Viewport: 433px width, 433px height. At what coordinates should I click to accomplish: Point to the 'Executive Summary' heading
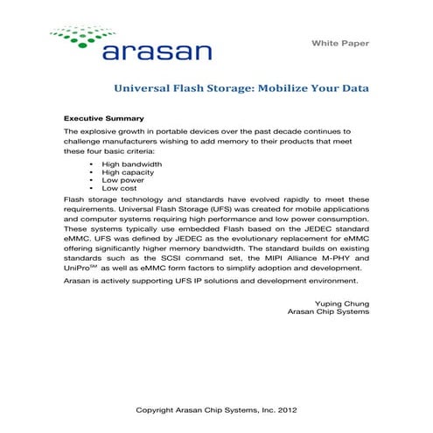tap(104, 117)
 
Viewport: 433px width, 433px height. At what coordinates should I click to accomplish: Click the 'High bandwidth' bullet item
tap(131, 164)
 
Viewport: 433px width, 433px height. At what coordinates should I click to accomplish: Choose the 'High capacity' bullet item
tap(129, 172)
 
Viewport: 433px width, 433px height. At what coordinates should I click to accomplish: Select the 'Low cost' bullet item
tap(121, 188)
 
